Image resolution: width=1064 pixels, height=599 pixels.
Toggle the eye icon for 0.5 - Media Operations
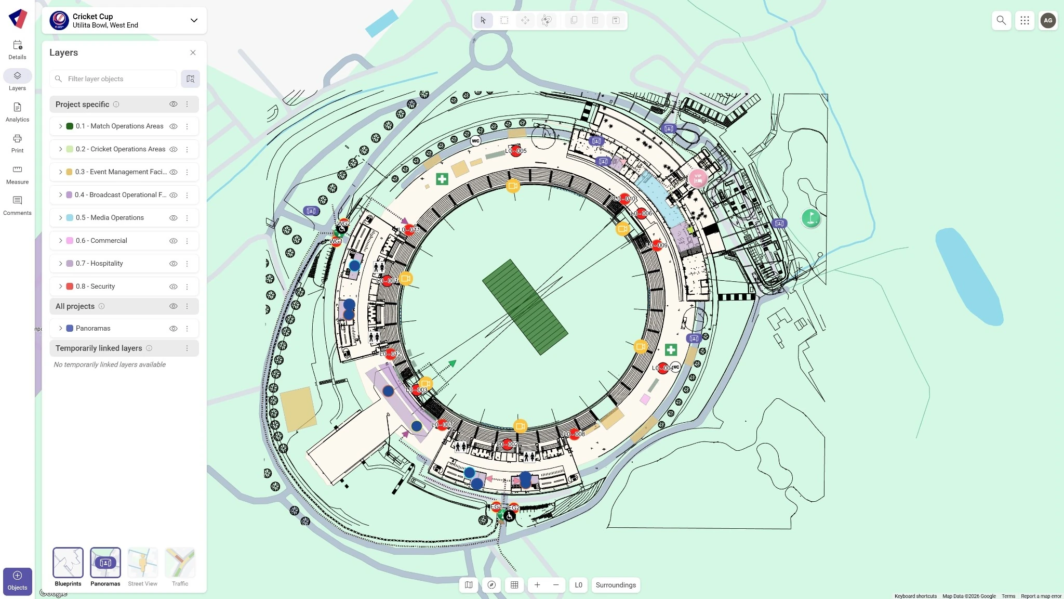pos(174,218)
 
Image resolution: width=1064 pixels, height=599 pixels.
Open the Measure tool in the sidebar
pos(17,175)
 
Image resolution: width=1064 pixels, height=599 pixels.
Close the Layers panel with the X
pos(193,53)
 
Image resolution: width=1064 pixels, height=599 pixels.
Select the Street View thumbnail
pos(142,563)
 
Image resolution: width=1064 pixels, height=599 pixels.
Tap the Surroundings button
pos(616,585)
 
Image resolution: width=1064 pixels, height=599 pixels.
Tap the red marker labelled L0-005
pos(515,151)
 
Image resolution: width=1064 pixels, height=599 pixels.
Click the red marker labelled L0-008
pos(574,434)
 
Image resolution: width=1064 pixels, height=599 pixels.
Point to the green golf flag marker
pos(810,218)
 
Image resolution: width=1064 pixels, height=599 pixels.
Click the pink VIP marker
pos(698,178)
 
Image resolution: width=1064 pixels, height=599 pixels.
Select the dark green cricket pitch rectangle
pos(525,307)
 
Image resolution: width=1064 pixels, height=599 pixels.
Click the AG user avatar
pos(1048,21)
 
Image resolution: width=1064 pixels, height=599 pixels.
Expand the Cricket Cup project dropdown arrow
pos(194,21)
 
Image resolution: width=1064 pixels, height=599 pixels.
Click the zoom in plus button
pos(537,585)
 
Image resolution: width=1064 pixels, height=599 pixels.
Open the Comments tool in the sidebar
pos(17,205)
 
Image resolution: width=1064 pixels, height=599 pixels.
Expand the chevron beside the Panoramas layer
pos(60,329)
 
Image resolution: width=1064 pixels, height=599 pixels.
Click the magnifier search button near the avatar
pos(1001,21)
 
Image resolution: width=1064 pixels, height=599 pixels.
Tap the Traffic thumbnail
pos(180,563)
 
